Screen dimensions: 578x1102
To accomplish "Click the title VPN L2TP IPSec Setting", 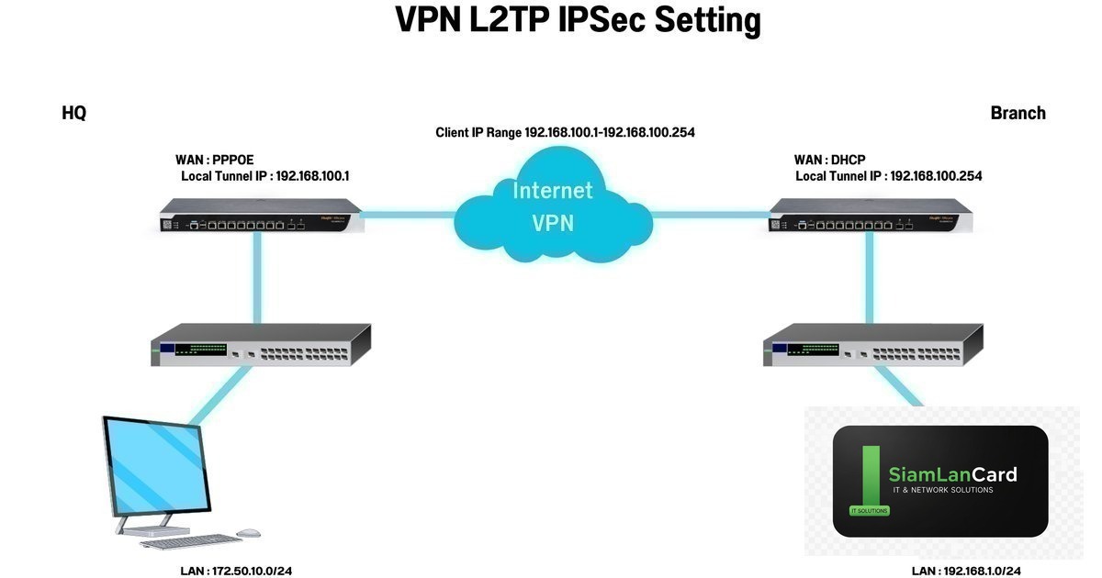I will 578,21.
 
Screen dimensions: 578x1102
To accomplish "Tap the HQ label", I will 73,113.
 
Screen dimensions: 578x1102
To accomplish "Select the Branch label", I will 1018,113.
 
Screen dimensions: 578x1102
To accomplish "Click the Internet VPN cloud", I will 552,206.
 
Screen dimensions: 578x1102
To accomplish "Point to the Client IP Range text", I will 565,133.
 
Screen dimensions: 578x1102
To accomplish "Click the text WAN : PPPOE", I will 214,160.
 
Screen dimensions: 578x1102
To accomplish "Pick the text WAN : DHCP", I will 828,160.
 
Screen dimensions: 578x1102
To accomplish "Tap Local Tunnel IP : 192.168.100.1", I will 264,175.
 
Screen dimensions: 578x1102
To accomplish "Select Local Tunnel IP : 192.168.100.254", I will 888,175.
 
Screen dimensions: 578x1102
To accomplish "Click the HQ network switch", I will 260,346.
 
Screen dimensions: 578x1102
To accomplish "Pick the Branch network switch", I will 872,346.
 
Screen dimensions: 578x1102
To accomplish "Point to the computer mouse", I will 248,532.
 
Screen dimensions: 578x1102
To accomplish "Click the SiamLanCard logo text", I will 952,474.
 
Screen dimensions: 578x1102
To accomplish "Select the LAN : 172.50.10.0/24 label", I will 236,571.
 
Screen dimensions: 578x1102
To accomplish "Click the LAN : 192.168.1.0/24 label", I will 966,571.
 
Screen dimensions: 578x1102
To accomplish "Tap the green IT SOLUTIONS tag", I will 870,510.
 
